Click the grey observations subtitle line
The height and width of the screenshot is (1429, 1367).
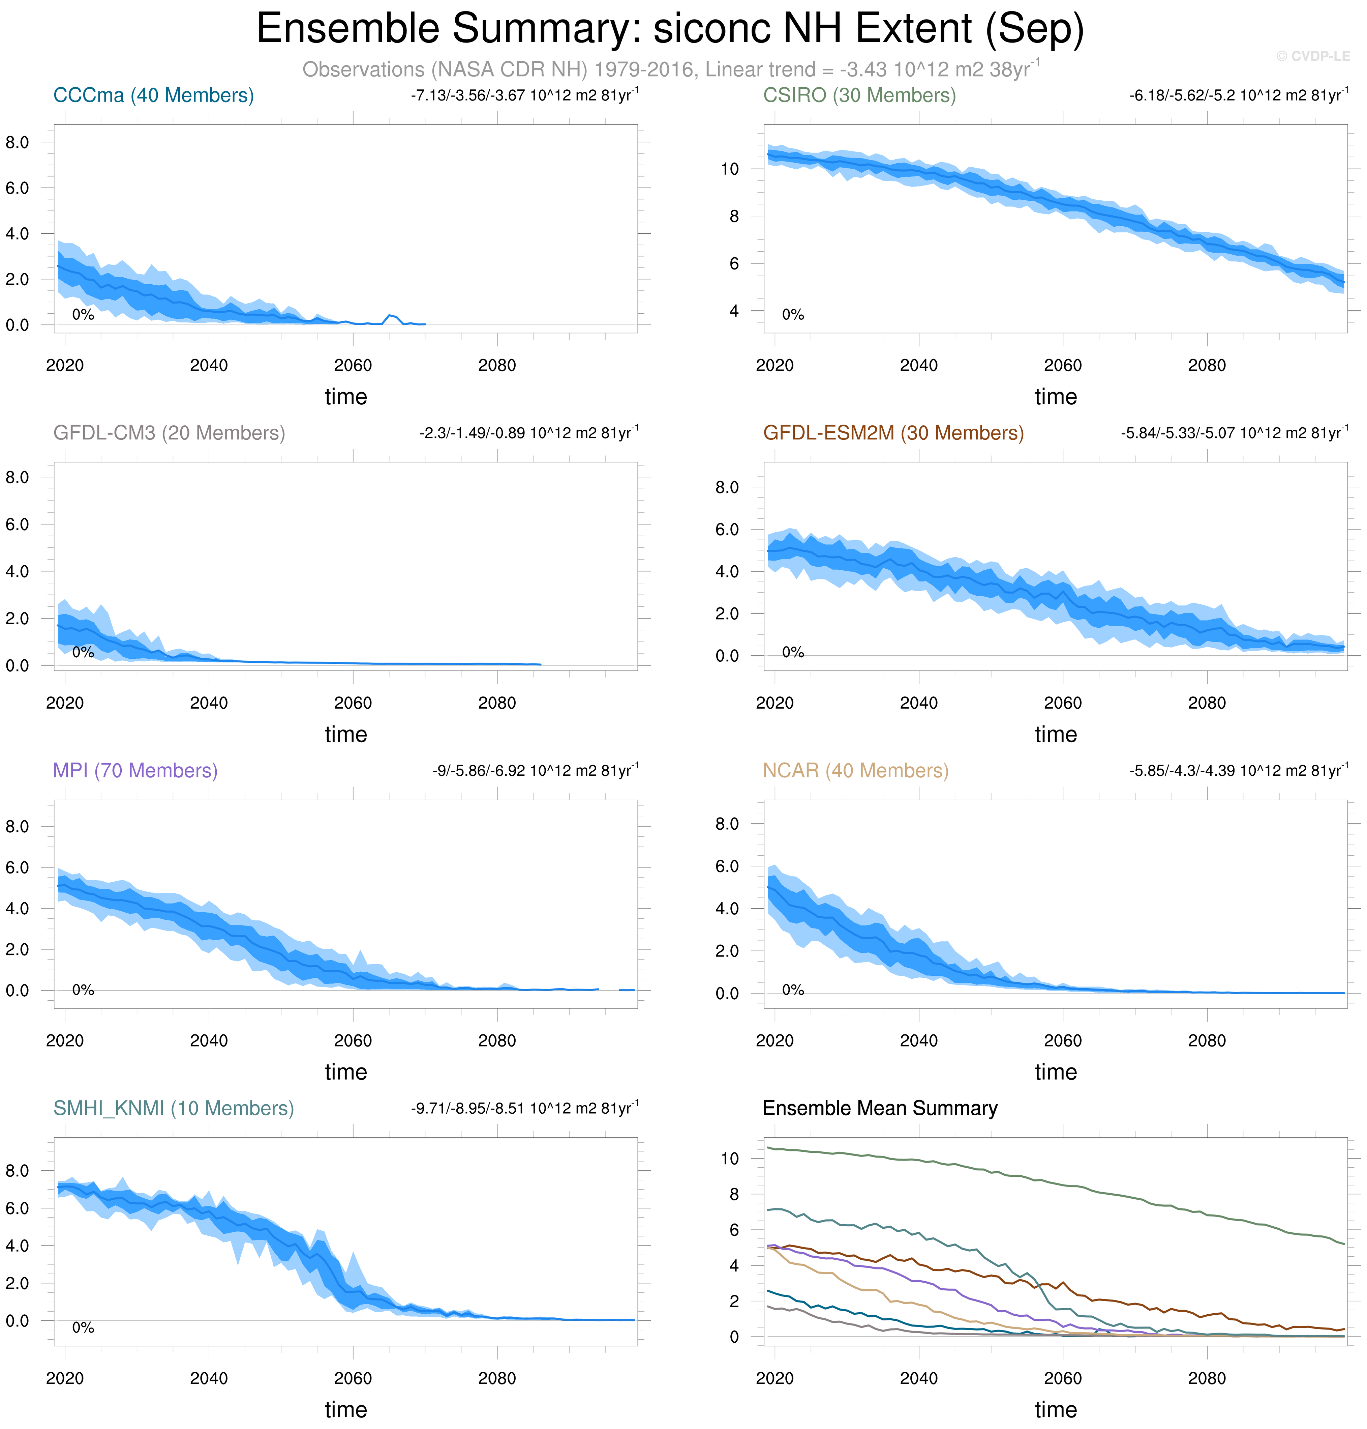[x=670, y=69]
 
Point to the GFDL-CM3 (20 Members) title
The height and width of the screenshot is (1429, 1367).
[x=169, y=433]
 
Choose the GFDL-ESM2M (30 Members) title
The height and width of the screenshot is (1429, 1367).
[x=893, y=433]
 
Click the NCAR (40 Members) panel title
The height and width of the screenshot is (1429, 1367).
[x=855, y=771]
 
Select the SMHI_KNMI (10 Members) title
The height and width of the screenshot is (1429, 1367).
[x=174, y=1108]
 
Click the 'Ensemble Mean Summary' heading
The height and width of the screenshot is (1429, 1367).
[x=880, y=1108]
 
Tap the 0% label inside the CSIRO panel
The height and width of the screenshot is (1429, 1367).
[x=793, y=315]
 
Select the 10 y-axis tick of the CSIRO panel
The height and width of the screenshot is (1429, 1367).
[x=729, y=169]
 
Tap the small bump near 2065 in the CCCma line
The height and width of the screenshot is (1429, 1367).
[x=392, y=316]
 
